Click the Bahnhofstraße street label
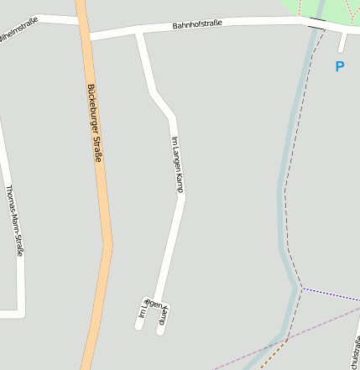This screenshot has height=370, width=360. pyautogui.click(x=197, y=25)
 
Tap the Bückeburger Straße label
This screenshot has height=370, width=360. pyautogui.click(x=93, y=123)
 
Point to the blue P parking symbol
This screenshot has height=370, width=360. pyautogui.click(x=340, y=66)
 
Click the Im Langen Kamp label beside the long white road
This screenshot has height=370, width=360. pyautogui.click(x=177, y=164)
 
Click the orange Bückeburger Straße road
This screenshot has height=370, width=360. pyautogui.click(x=104, y=201)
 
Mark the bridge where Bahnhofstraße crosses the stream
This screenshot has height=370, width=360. pyautogui.click(x=316, y=23)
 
